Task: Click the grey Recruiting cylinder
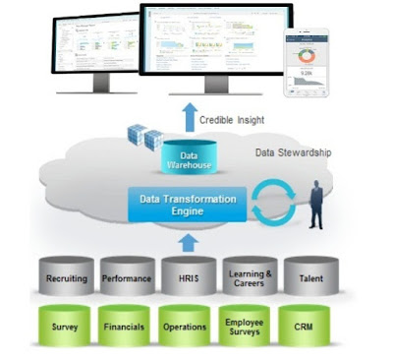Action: (x=66, y=277)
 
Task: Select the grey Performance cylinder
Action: (x=126, y=277)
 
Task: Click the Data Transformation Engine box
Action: (x=183, y=206)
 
